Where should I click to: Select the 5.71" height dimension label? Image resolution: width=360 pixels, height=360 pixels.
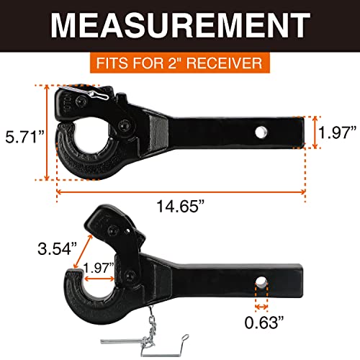click(x=22, y=135)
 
